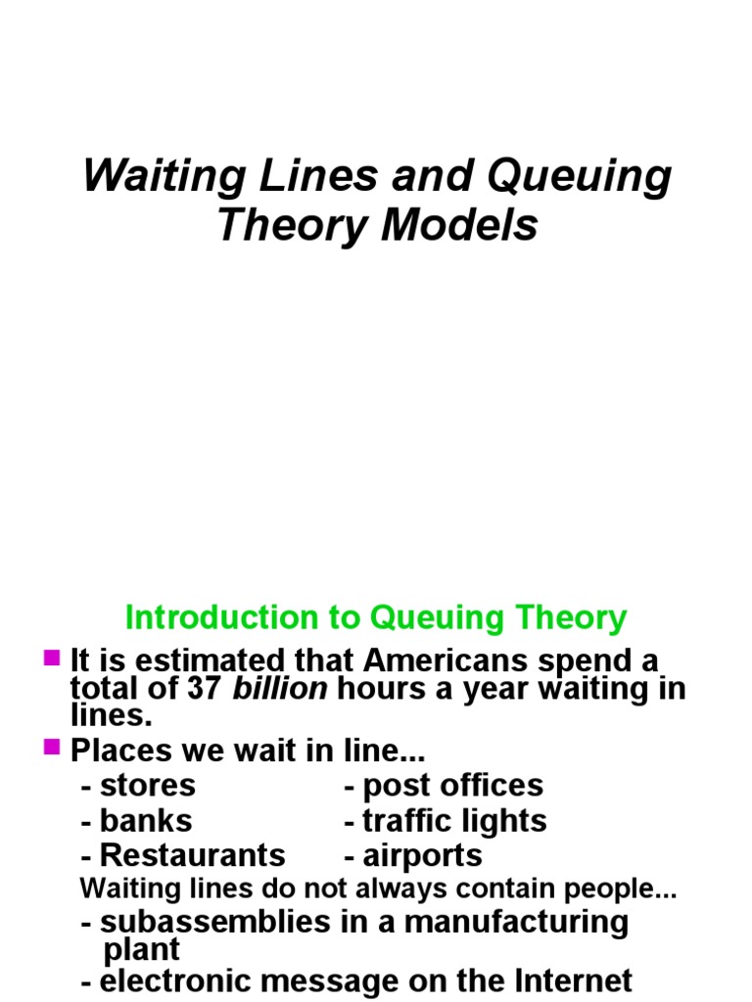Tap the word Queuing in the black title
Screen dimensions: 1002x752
coord(591,177)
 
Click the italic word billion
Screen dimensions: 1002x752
coord(280,689)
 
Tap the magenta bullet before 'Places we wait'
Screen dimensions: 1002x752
coord(53,749)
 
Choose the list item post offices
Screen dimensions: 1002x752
coord(452,785)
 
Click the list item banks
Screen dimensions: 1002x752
coord(146,820)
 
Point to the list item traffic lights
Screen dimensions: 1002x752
coord(454,820)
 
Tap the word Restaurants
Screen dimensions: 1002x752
coord(193,855)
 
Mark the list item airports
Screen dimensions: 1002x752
coord(422,855)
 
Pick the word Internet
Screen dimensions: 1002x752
coord(566,981)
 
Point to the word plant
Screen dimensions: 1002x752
coord(142,949)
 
